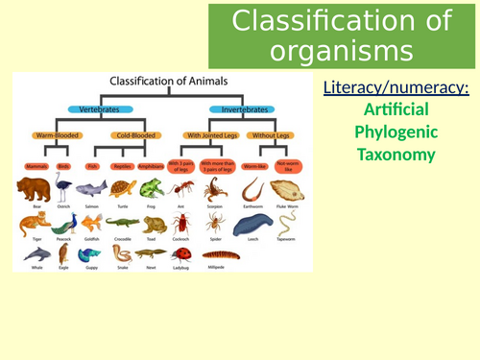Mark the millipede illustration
tap(222, 254)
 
